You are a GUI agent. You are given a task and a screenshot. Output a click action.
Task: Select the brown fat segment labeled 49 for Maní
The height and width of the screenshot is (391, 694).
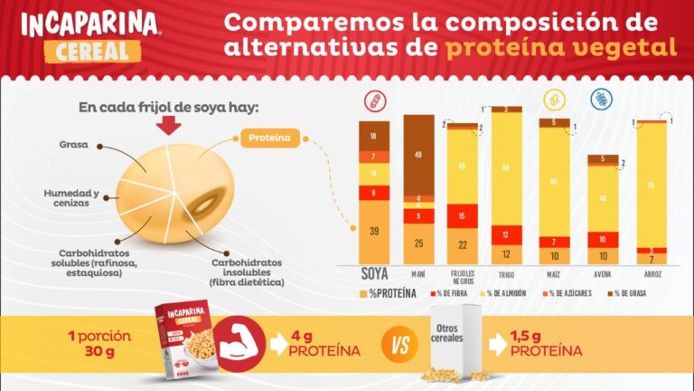[418, 155]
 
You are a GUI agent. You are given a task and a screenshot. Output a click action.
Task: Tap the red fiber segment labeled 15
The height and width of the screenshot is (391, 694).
[463, 216]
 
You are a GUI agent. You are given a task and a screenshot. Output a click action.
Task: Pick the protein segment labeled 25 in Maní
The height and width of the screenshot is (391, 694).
[418, 243]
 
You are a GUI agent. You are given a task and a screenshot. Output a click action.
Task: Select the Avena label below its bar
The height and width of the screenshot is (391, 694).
[603, 275]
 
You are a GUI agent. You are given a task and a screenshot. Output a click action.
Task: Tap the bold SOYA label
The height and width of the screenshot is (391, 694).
[374, 273]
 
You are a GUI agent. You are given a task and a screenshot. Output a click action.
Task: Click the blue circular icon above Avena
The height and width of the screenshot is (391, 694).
[598, 99]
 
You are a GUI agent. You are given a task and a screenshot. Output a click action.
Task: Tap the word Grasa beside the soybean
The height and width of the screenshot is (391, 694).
[73, 144]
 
